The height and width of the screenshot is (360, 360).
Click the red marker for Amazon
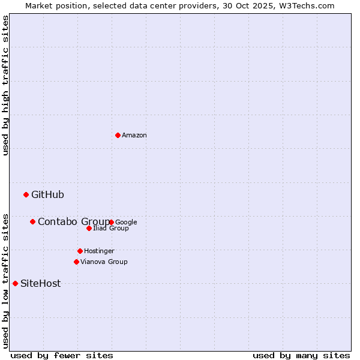(118, 135)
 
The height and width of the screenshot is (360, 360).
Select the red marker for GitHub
(26, 194)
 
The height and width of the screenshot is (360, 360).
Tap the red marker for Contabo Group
(32, 221)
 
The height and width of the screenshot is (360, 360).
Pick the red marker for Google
(112, 222)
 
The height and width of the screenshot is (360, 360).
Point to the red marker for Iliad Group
(89, 228)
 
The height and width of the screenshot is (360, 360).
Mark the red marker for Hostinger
(80, 251)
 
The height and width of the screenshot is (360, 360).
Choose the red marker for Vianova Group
(76, 262)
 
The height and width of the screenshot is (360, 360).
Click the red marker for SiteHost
(15, 283)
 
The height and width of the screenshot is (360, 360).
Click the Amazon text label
(134, 136)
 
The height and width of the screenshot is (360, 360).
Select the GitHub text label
(47, 194)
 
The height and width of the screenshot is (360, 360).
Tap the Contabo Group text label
(73, 222)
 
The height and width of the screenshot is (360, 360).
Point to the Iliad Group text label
(111, 229)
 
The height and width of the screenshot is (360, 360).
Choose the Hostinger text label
(99, 251)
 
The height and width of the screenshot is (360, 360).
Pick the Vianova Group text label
(104, 262)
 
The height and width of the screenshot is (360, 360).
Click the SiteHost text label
(40, 284)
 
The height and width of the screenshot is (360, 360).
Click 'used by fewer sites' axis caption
(62, 356)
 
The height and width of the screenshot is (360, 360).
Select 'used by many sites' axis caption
(301, 356)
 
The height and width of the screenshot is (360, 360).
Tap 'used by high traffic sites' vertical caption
(5, 85)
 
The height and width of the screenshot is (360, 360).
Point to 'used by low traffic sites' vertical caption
(5, 280)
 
